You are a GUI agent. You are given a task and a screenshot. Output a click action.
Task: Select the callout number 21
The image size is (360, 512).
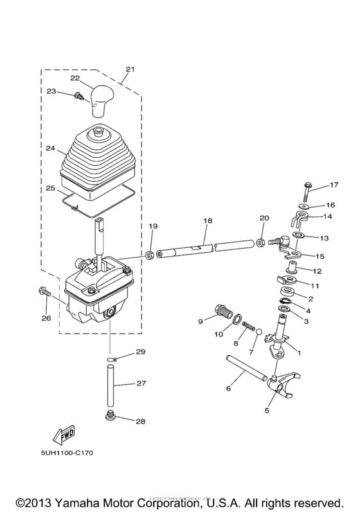pyautogui.click(x=130, y=69)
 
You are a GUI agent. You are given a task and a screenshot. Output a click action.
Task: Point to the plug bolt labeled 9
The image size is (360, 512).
pyautogui.click(x=224, y=313)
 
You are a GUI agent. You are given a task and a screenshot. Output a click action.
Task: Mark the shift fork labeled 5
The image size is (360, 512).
pyautogui.click(x=276, y=385)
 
